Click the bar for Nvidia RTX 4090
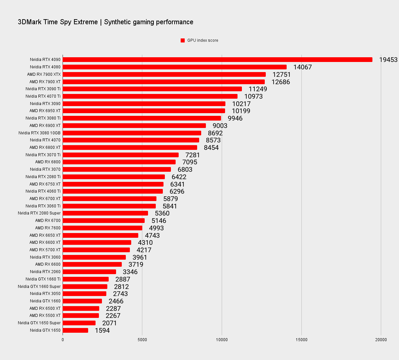pos(217,60)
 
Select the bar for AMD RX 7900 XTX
pos(164,74)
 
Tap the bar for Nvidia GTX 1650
pos(75,330)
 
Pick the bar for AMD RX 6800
pos(119,162)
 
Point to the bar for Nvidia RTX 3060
pos(94,257)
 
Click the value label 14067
pos(302,67)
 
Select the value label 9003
pos(220,126)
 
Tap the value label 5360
pos(162,213)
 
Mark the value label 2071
pos(109,323)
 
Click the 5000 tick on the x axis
pos(142,340)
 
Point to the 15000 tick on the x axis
pos(301,340)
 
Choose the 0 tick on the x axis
pos(63,340)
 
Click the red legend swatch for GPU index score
pos(183,40)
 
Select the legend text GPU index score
pos(203,40)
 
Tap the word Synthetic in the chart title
pos(118,22)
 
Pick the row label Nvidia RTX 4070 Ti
pos(43,96)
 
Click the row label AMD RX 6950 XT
pos(45,111)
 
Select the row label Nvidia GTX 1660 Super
pos(39,287)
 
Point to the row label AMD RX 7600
pos(48,228)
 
